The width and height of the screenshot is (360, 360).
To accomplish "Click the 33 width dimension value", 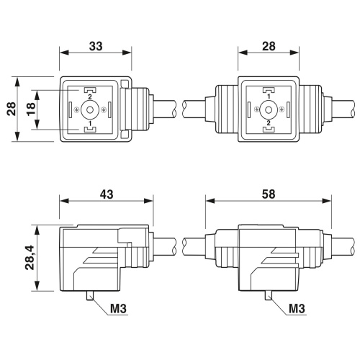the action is click(96, 46).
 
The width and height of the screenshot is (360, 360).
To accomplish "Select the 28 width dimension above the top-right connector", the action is click(269, 46).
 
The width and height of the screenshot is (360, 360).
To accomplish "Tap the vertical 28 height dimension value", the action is click(12, 109).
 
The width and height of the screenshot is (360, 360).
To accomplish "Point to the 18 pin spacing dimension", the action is click(31, 109).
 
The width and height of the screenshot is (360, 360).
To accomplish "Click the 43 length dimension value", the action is click(107, 194).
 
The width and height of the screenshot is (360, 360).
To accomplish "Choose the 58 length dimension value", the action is click(269, 194).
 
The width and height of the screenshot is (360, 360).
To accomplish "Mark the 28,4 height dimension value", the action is click(30, 258).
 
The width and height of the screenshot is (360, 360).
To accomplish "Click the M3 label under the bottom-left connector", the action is click(118, 308).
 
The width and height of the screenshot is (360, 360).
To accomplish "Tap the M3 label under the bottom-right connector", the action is click(297, 308).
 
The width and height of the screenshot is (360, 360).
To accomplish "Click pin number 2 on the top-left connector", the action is click(90, 97).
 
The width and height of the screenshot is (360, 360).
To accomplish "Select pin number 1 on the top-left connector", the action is click(90, 124).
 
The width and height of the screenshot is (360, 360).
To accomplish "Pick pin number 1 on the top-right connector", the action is click(269, 96).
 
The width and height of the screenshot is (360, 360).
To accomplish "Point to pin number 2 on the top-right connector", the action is click(269, 123).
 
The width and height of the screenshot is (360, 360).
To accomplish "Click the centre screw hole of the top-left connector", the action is click(90, 110).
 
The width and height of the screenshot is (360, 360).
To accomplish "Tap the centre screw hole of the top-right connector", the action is click(269, 110).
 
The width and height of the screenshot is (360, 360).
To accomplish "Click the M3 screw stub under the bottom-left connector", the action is click(90, 296).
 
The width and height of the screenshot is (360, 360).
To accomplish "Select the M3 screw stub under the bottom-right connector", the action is click(269, 296).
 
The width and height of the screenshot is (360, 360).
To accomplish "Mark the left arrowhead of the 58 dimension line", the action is click(210, 201).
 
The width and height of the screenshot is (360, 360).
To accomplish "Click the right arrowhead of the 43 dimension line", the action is click(149, 201).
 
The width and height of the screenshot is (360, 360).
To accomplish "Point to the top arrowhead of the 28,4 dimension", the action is click(37, 230).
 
